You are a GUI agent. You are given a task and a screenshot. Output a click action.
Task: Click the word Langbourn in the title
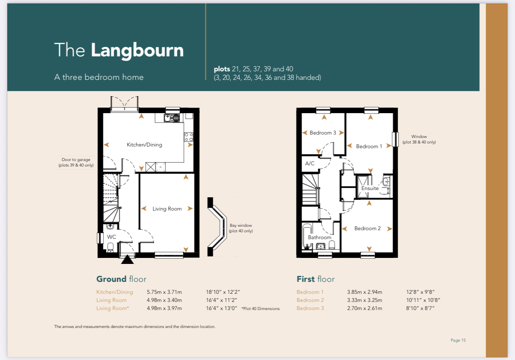point(137,50)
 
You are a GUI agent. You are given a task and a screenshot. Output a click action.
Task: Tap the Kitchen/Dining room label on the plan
point(144,145)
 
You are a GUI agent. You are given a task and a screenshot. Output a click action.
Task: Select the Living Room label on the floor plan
point(167,209)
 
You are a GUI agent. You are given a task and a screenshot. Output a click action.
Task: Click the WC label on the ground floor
point(111,237)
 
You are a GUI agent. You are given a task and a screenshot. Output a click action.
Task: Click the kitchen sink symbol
point(172,118)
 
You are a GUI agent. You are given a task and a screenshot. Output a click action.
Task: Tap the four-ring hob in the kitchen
point(188,137)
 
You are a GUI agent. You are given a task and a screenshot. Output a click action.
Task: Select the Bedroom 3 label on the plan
point(323,133)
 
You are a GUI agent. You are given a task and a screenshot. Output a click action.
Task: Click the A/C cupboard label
point(310,164)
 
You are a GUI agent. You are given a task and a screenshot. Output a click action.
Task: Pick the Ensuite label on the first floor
point(370,188)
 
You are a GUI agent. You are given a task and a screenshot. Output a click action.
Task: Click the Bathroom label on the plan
point(319,237)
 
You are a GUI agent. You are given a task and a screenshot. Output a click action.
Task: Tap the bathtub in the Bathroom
point(307,236)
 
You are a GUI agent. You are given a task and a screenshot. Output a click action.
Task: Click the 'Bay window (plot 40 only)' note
point(241,228)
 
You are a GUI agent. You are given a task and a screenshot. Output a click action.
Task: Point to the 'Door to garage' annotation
point(76,162)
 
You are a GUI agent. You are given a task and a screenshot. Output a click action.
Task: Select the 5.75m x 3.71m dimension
point(164,292)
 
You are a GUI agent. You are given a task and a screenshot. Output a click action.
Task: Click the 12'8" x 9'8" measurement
point(420,292)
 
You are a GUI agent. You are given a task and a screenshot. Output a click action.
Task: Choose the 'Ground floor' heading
point(121,279)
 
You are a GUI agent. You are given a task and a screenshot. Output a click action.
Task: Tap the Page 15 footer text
point(458,340)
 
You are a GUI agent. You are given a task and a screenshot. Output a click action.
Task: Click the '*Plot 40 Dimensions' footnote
point(260,309)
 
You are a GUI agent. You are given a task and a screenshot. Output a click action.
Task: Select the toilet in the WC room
point(110,247)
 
